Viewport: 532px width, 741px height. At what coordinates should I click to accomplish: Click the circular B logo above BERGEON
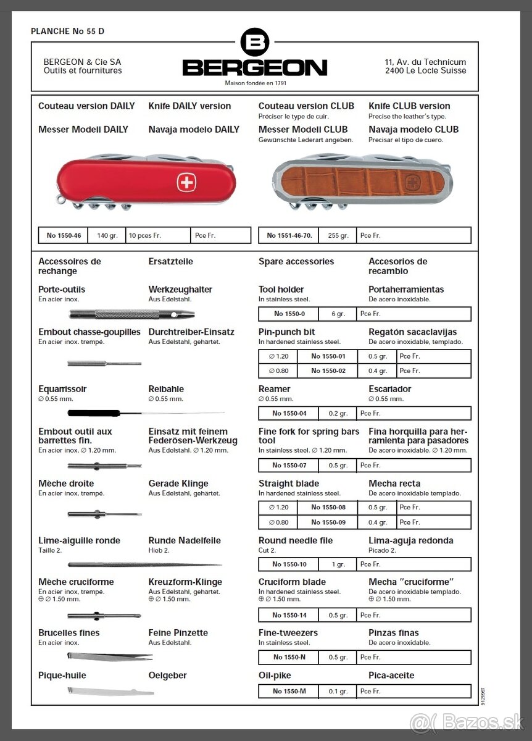coord(254,43)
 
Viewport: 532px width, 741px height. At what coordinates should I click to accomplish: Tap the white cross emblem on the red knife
coord(186,182)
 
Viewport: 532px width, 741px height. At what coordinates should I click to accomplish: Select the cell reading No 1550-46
coord(64,235)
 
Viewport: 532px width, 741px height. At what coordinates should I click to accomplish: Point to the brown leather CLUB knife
coord(362,180)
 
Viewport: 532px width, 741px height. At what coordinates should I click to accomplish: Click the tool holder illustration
coord(131,314)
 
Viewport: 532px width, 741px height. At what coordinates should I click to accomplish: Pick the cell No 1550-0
coord(289,314)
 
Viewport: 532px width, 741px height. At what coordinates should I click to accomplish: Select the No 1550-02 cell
coord(328,371)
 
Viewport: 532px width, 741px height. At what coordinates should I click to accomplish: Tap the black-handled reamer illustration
coord(146,412)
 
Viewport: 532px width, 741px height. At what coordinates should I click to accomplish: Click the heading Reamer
coord(275,389)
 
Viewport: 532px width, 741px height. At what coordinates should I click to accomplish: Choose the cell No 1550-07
coord(289,465)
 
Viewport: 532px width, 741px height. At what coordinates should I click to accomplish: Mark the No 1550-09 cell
coord(328,522)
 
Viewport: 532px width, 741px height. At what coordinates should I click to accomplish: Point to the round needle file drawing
coord(144,564)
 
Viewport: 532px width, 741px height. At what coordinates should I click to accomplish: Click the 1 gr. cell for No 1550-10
coord(338,564)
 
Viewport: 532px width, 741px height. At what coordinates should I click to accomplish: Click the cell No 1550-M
coord(289,691)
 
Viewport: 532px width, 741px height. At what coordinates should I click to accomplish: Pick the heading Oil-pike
coord(275,676)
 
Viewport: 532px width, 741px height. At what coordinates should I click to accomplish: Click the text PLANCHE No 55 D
coord(64,31)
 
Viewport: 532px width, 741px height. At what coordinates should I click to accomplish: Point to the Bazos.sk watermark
coord(467,721)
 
